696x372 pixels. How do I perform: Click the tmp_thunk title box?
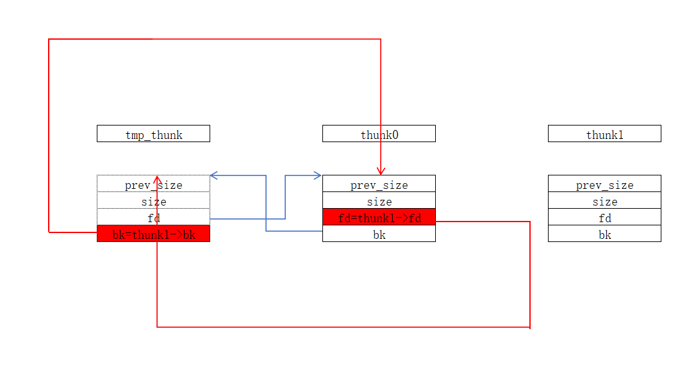(154, 133)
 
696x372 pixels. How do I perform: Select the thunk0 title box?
(379, 133)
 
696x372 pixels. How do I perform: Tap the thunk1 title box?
(604, 133)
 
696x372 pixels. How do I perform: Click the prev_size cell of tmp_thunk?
(154, 184)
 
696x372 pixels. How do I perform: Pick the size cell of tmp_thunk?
(154, 200)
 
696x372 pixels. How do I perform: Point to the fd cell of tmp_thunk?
(154, 217)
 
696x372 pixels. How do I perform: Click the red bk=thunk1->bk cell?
(154, 234)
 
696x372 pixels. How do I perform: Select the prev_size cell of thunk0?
(379, 184)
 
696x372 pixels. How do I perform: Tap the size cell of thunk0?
(379, 200)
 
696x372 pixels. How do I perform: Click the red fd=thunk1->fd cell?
(379, 217)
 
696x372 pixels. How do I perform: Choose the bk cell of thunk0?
(379, 234)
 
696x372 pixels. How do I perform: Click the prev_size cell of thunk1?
(604, 184)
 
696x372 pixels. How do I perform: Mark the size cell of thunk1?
(604, 200)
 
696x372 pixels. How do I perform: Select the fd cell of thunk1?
(604, 217)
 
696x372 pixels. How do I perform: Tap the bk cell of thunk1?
(604, 234)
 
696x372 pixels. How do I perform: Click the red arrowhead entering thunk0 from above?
(381, 172)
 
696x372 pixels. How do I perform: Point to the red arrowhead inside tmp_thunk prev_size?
(156, 179)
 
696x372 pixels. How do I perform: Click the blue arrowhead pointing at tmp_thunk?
(214, 175)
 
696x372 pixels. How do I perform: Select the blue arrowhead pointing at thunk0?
(317, 175)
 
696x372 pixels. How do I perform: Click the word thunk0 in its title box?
(379, 135)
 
